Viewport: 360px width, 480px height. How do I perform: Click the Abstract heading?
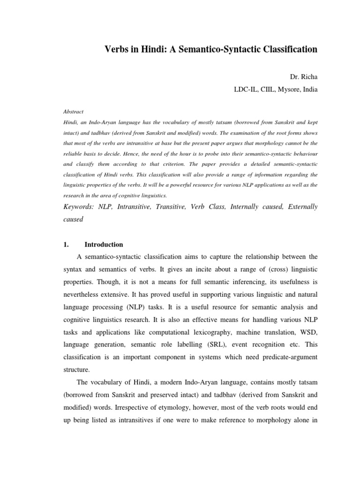[x=73, y=112]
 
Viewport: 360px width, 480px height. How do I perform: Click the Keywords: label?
[x=78, y=207]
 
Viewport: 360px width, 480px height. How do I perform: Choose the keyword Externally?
[x=300, y=207]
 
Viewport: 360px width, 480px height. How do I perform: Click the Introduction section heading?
[x=104, y=244]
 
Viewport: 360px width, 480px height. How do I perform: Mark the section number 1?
[x=66, y=244]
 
